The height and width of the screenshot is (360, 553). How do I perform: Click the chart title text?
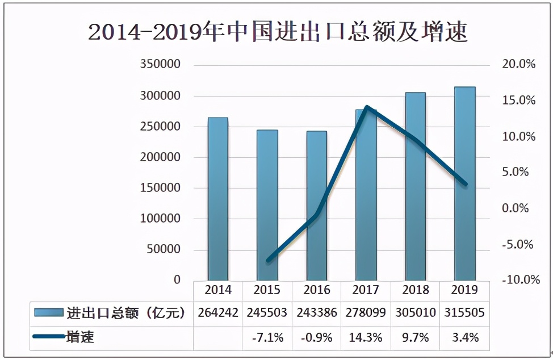coord(278,32)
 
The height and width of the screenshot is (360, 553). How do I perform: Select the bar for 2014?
coord(218,199)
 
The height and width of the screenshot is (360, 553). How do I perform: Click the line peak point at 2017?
coord(367,107)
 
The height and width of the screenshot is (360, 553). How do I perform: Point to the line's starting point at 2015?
coord(268,260)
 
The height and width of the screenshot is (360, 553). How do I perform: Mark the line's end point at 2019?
coord(465,184)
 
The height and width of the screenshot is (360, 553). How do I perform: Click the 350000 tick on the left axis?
coord(160,65)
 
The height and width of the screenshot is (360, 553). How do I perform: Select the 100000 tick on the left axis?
coord(160,219)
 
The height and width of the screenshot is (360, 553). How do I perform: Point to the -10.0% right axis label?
coord(518,280)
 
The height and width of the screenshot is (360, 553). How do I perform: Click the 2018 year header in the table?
coord(416,290)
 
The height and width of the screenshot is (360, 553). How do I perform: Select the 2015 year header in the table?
coord(267,290)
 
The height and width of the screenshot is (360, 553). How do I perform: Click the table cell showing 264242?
coord(218,313)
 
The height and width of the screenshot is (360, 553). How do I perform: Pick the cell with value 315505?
coord(465,313)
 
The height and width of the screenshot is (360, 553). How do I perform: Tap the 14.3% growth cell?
coord(366,337)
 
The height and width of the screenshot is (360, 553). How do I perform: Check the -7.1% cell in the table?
coord(267,337)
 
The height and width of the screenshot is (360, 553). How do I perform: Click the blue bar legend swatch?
coord(48,313)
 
